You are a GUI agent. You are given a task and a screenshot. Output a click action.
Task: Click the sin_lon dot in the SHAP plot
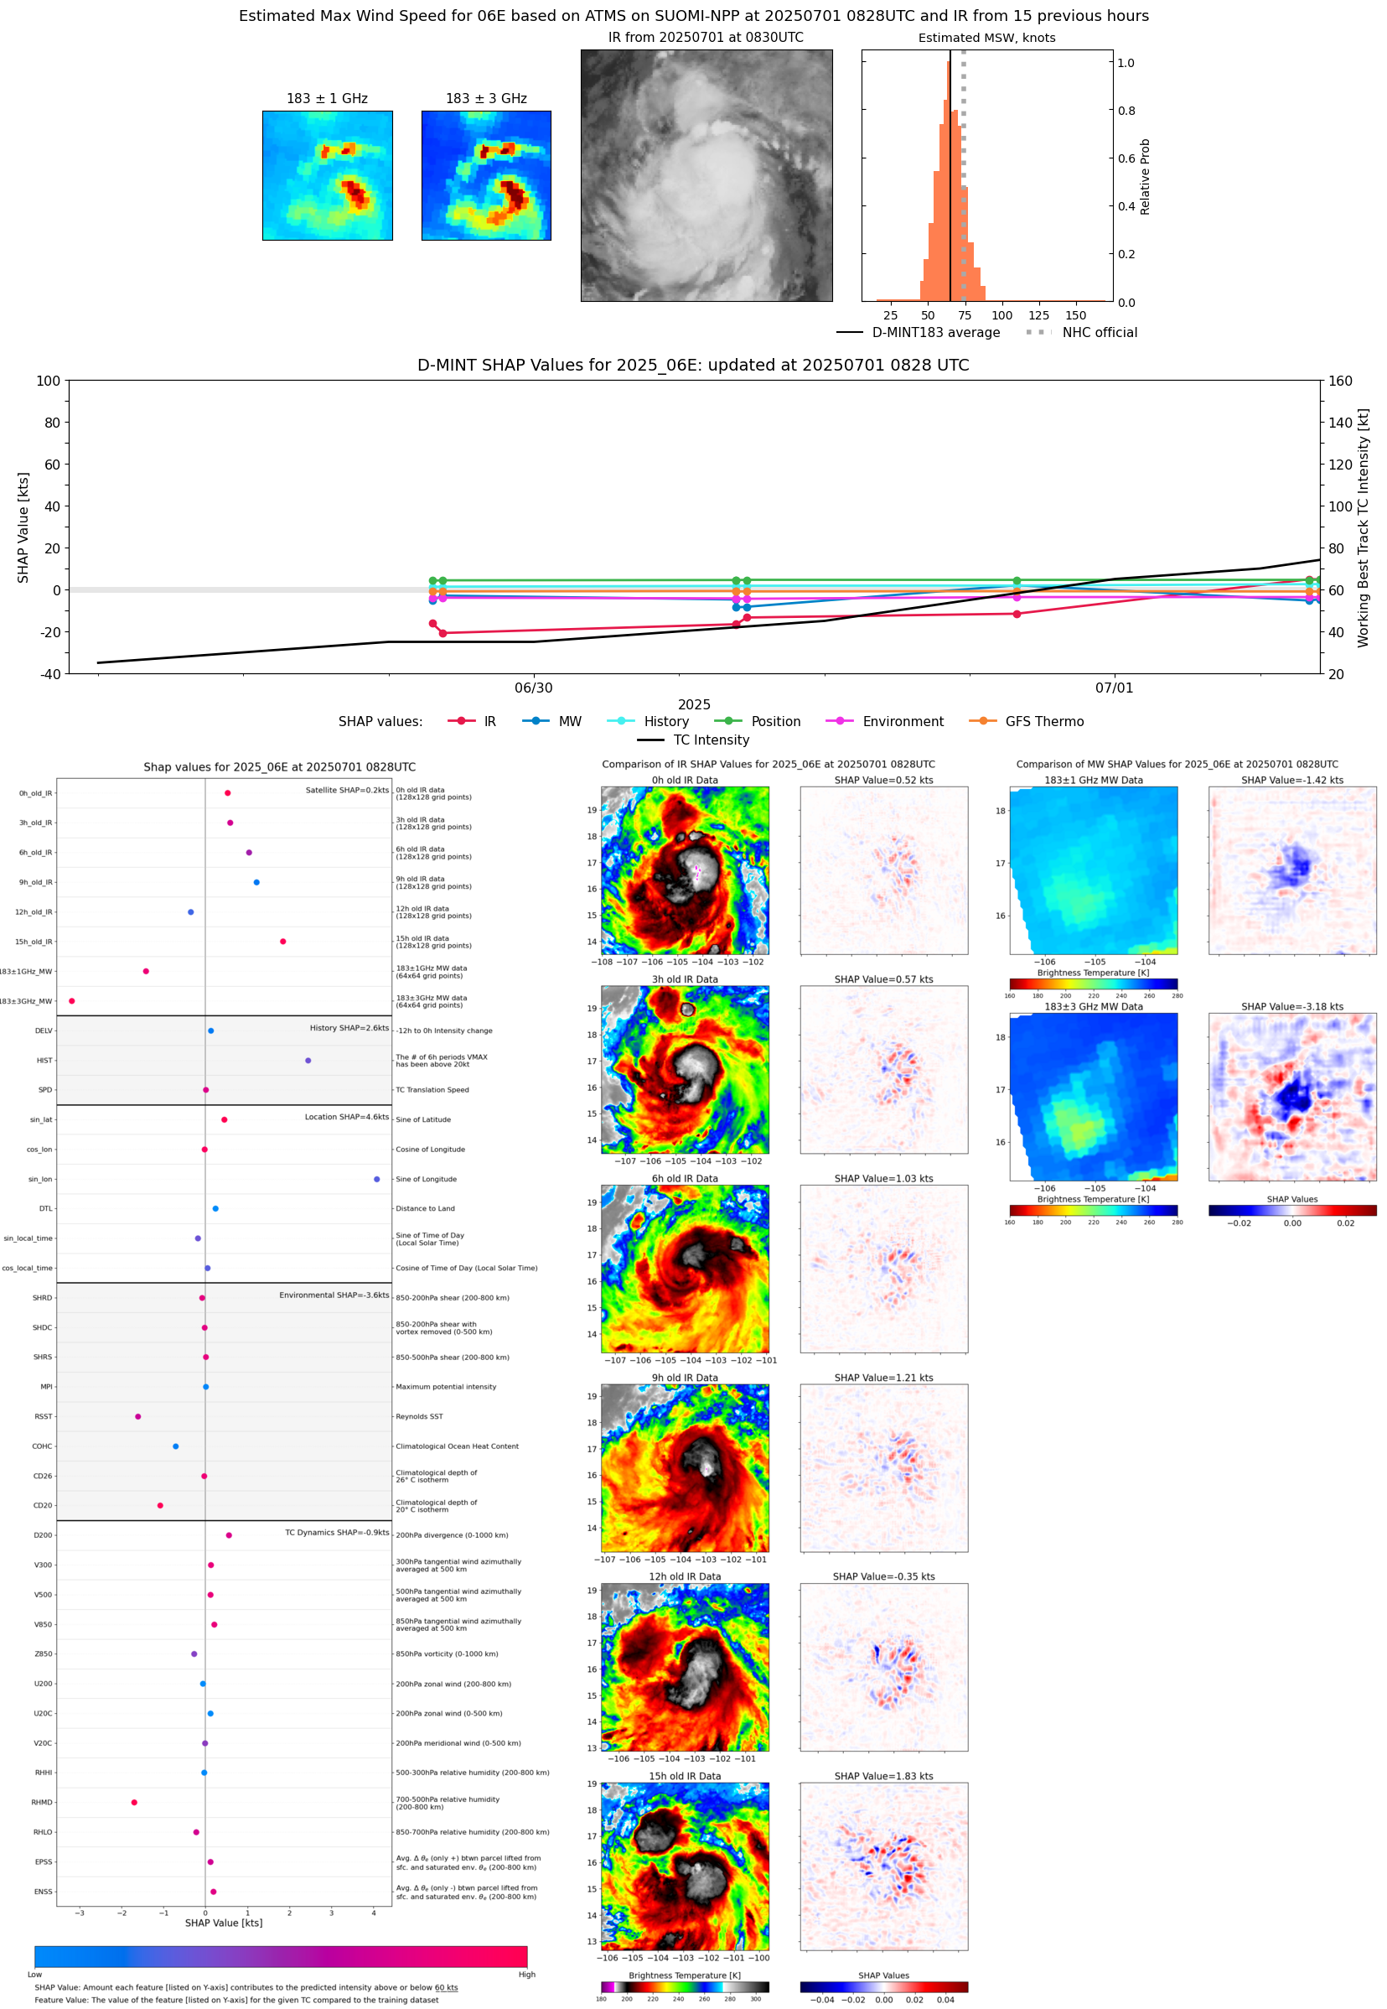pyautogui.click(x=376, y=1179)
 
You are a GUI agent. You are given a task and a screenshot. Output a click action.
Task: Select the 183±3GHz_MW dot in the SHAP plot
pyautogui.click(x=71, y=1000)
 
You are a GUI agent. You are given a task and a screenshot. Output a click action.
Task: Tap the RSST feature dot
pyautogui.click(x=138, y=1416)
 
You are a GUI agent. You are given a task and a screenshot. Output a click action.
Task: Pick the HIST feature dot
pyautogui.click(x=308, y=1060)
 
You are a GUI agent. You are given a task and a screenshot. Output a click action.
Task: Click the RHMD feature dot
pyautogui.click(x=134, y=1802)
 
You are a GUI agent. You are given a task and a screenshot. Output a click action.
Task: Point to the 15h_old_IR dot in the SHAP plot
pyautogui.click(x=282, y=942)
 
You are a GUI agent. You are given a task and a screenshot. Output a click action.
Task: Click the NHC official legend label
pyautogui.click(x=1099, y=332)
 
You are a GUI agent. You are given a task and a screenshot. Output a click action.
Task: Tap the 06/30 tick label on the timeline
pyautogui.click(x=534, y=688)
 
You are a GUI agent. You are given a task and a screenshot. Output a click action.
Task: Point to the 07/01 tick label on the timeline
pyautogui.click(x=1113, y=688)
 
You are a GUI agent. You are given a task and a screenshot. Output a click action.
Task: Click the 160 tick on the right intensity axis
pyautogui.click(x=1340, y=381)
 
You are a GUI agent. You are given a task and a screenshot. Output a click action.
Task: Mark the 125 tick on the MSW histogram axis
pyautogui.click(x=1038, y=315)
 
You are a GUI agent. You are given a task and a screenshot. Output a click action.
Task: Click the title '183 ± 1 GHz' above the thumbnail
pyautogui.click(x=327, y=99)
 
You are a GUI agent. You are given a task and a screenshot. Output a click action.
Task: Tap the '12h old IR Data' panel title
pyautogui.click(x=685, y=1576)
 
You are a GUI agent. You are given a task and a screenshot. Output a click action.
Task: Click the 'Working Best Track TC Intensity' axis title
pyautogui.click(x=1363, y=527)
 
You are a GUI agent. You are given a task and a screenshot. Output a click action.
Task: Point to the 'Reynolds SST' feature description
pyautogui.click(x=419, y=1416)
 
